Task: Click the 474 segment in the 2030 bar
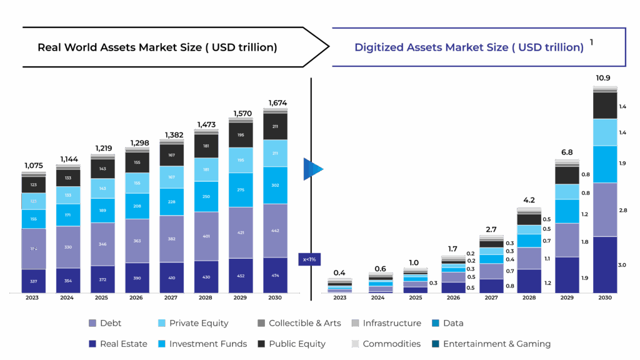[275, 276]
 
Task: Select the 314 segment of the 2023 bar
[34, 249]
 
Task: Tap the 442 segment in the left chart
[275, 230]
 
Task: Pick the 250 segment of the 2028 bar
[206, 197]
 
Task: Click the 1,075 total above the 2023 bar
[34, 166]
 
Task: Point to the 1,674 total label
[275, 102]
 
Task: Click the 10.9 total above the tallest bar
[603, 78]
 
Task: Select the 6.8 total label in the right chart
[567, 152]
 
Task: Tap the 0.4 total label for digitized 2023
[339, 272]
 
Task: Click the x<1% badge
[309, 259]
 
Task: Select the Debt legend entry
[106, 323]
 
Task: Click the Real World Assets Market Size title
[157, 47]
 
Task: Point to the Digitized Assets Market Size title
[469, 47]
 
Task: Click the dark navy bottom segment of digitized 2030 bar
[604, 264]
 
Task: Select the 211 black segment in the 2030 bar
[275, 126]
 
